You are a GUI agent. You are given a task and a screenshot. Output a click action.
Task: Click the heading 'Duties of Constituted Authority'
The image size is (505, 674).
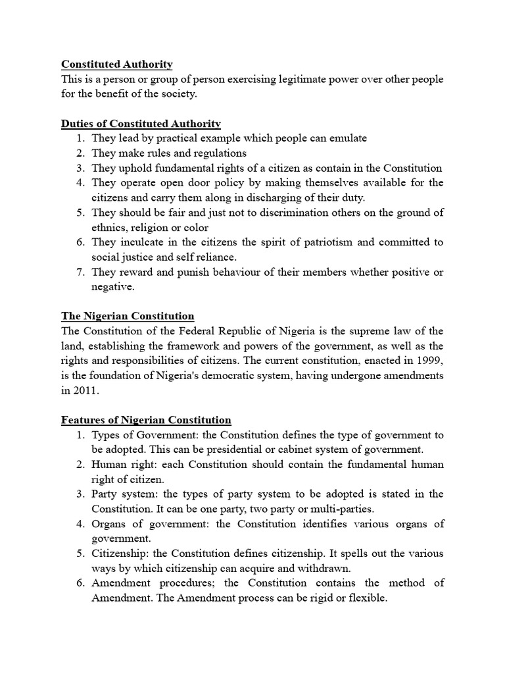coord(141,124)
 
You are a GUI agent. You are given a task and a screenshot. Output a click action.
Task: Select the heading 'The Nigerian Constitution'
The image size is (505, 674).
coord(128,316)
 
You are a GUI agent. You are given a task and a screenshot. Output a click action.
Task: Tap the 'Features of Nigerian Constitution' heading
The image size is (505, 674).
coord(146,420)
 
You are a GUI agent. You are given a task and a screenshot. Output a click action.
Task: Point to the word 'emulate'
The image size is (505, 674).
coord(349,138)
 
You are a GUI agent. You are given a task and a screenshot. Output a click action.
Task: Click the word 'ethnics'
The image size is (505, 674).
coord(110,227)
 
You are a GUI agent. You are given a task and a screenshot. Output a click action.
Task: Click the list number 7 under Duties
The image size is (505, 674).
coord(79,272)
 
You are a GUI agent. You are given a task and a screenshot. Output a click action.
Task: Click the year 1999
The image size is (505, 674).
coord(429,361)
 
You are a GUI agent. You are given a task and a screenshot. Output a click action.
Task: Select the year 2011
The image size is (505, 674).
coord(85,390)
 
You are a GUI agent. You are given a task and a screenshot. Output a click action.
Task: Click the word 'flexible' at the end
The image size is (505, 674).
coord(368,598)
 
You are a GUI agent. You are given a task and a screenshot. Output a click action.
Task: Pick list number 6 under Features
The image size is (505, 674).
coord(79,583)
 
